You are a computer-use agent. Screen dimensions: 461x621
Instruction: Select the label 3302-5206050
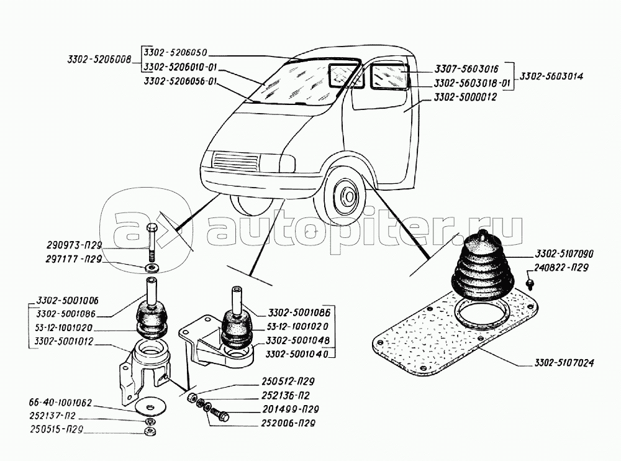click(x=179, y=52)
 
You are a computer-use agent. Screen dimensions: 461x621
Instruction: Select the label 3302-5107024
click(x=563, y=363)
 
